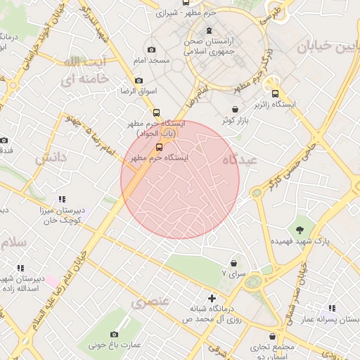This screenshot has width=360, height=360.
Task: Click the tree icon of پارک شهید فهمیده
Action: pos(301,230)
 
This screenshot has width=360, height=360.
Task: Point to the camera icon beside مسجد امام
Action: pos(151,50)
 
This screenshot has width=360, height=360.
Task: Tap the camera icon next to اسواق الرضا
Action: pos(139,80)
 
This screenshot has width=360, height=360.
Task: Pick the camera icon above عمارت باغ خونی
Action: pos(115,334)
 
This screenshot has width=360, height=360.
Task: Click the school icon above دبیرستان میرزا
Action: pos(62,199)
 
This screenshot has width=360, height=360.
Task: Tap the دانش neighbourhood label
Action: pos(51,157)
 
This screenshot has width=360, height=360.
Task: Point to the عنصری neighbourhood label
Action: pos(150,302)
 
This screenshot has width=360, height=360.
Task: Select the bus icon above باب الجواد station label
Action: pos(155,112)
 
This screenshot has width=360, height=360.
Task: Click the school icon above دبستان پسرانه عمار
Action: pos(332,308)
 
